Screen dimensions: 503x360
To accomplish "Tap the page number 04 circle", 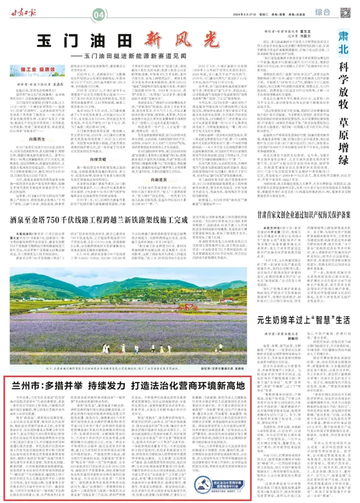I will click(99, 15).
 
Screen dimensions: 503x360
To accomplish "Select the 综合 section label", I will click(322, 12).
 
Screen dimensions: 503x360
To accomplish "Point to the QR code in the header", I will click(345, 13).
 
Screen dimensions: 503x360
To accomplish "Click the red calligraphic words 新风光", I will click(182, 40).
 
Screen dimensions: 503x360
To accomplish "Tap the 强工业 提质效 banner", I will click(37, 70).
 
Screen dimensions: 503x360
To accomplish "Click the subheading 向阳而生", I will click(37, 139).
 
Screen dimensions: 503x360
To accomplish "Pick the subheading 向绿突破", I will click(98, 159).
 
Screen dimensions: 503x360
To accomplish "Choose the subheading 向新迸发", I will click(159, 179).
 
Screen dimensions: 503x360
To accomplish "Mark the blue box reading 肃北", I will click(343, 43).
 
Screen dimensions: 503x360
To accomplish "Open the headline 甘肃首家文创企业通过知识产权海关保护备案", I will click(303, 215).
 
